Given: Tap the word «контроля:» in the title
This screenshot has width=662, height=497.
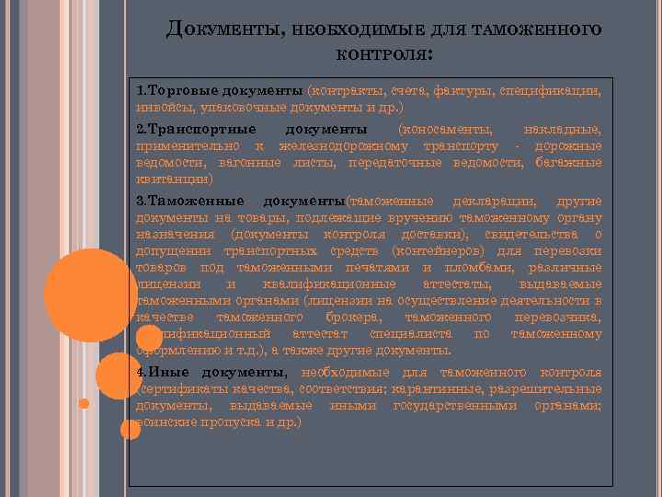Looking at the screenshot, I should pos(383,55).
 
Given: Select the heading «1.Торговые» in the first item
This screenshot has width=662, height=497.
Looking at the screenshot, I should pos(171,91).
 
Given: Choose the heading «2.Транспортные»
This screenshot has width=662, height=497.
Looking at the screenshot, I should pos(191,128).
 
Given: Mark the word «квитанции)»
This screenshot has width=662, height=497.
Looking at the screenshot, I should pos(174,179).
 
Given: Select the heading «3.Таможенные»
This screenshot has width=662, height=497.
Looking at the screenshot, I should pos(189,201).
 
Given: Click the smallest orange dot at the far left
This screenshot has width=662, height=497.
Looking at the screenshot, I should pos(84,403).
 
